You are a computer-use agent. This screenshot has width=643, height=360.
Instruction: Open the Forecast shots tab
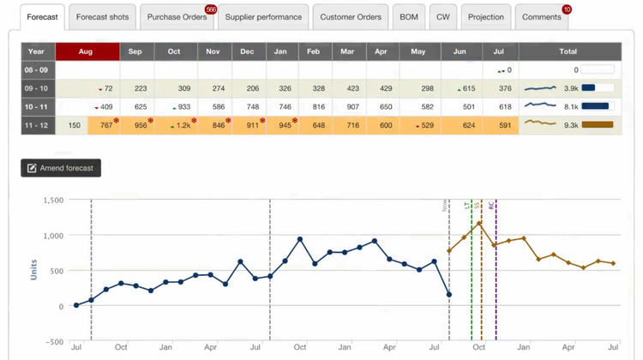click(x=102, y=17)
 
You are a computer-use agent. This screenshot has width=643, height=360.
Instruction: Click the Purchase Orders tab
click(x=177, y=17)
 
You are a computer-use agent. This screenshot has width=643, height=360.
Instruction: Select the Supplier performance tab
click(x=263, y=17)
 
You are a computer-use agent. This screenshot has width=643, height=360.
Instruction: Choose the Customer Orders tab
click(x=351, y=17)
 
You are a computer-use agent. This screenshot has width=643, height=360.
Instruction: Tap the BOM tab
click(x=409, y=17)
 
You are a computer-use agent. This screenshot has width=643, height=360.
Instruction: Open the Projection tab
click(x=486, y=17)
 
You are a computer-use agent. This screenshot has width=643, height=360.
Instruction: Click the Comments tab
click(x=541, y=17)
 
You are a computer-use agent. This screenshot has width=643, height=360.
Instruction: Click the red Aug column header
click(x=87, y=51)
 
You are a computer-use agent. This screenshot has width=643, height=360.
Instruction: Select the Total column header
click(x=568, y=51)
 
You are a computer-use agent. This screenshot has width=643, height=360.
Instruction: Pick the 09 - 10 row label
click(x=38, y=88)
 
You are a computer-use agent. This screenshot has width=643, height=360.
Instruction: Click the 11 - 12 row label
click(x=38, y=125)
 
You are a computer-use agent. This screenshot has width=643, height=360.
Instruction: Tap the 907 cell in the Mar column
click(x=347, y=107)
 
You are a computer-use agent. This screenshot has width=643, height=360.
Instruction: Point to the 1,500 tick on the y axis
click(x=52, y=200)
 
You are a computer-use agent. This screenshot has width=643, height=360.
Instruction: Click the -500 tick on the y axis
click(x=54, y=342)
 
